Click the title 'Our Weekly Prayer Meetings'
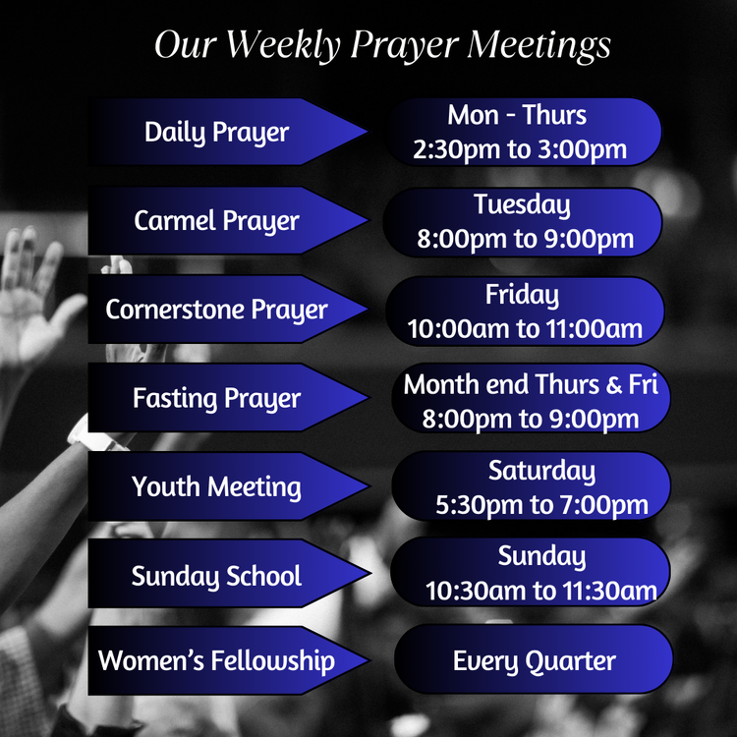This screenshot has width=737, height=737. coord(382,45)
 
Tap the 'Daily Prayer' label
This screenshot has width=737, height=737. coord(216,132)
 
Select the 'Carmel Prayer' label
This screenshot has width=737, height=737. coord(216,220)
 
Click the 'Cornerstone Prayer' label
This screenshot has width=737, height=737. coord(216,310)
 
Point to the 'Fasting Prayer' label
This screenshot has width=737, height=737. coord(216,398)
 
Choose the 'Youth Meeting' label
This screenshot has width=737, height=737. coord(216,486)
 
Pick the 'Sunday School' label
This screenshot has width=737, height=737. coord(216,575)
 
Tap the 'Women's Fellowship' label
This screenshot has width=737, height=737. coord(216,660)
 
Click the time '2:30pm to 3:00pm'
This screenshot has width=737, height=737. coord(520,150)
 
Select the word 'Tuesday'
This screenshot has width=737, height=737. coord(522,204)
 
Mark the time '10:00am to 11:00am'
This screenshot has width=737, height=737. coord(525,329)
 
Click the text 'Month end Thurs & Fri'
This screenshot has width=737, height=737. coord(530,383)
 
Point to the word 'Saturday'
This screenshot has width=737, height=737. coord(541,471)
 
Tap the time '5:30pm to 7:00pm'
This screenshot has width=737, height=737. coord(541,506)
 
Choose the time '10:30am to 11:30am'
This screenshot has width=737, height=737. coord(540,592)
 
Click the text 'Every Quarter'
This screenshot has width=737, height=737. coord(534,660)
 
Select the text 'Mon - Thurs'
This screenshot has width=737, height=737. coord(517,115)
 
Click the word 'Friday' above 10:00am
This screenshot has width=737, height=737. coord(522,294)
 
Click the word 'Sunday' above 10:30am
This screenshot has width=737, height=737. coord(541,556)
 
